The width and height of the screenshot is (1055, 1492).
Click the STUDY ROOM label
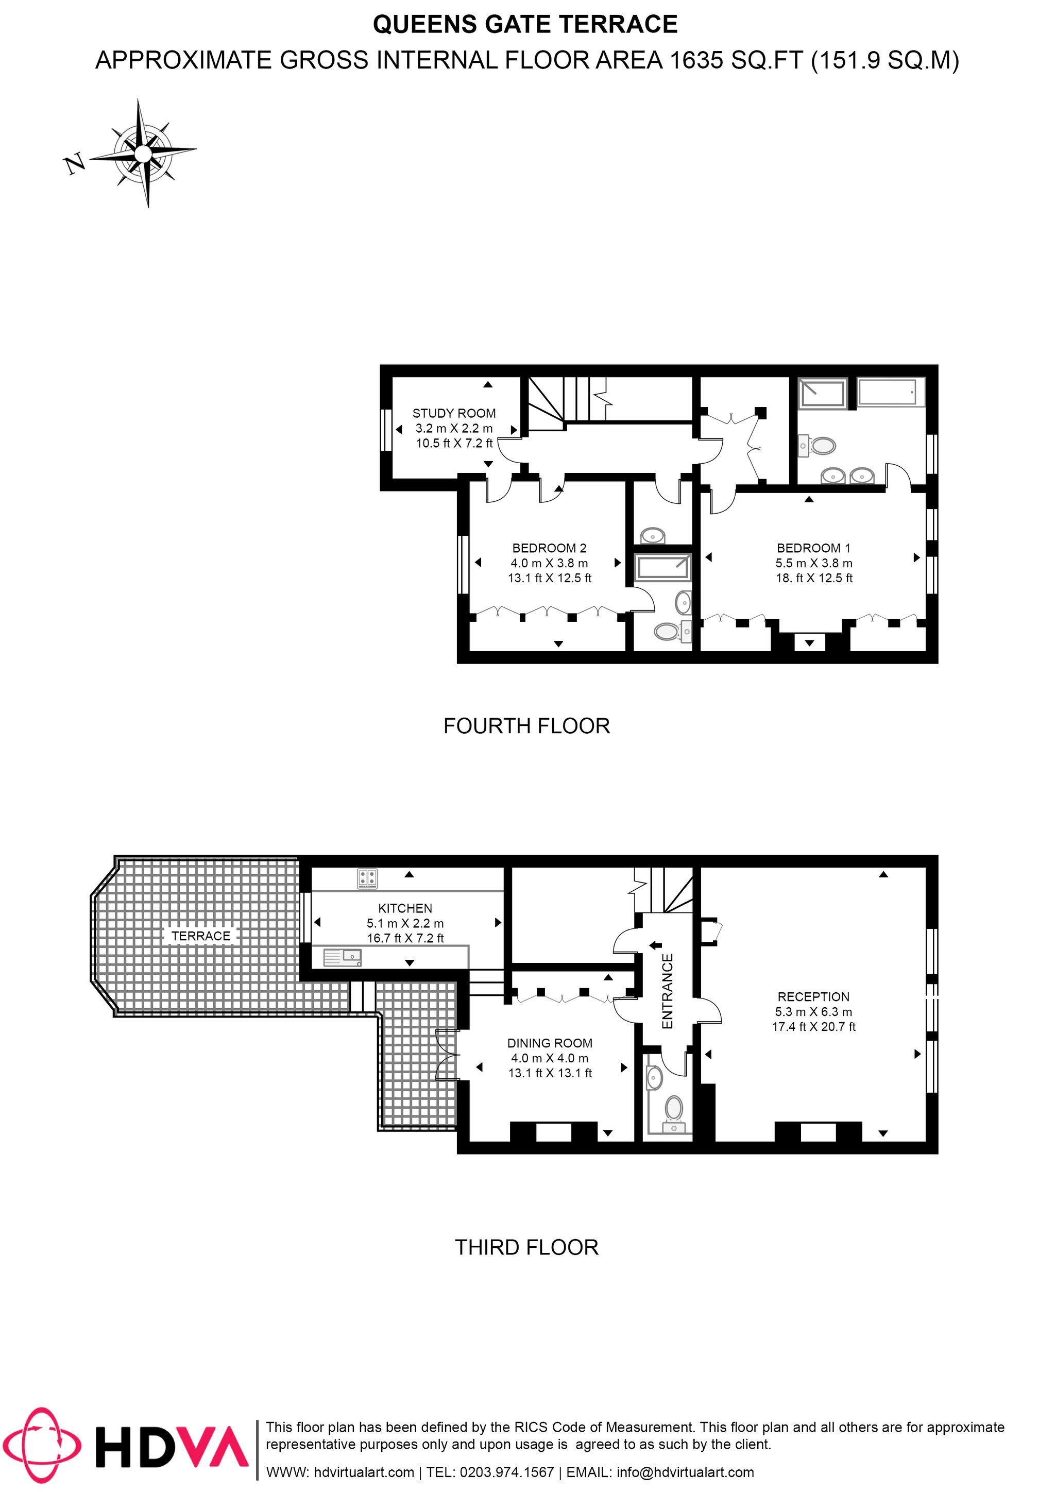(x=454, y=413)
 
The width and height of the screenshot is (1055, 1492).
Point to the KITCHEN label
(x=405, y=908)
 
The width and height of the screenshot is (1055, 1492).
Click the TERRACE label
(x=201, y=936)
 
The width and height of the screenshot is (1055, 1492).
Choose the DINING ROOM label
(x=550, y=1043)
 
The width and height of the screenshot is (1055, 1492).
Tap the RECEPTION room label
(x=813, y=997)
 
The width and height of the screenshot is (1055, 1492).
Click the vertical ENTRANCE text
(x=667, y=992)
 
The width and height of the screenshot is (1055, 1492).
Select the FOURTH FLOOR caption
(x=527, y=726)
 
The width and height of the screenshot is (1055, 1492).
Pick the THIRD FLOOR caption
(x=527, y=1248)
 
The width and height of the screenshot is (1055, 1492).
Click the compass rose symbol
(x=143, y=154)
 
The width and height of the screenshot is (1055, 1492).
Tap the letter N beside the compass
(x=75, y=164)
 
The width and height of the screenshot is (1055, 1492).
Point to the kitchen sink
(x=343, y=957)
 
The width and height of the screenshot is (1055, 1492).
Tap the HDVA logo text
(x=172, y=1447)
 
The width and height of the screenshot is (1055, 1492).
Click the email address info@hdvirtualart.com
(x=685, y=1472)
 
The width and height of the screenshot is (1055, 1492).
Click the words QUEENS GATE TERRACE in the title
(x=525, y=25)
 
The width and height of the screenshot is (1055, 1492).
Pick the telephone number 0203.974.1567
(x=507, y=1472)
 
